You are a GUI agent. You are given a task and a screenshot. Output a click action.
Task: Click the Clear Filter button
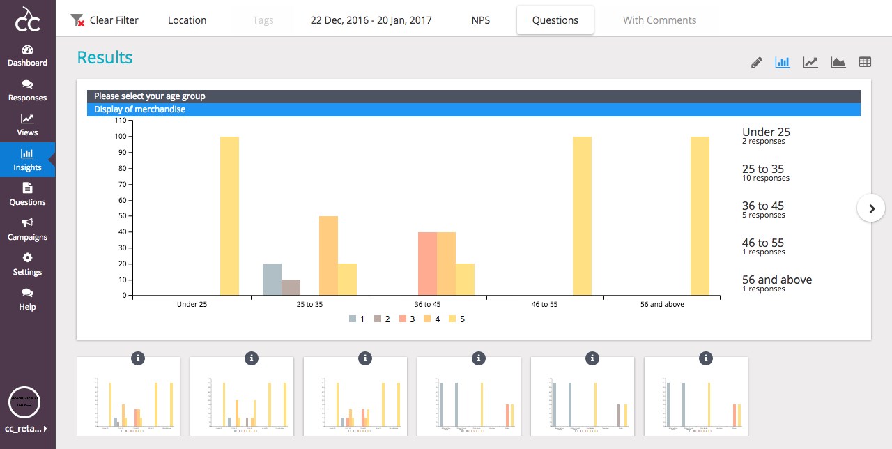(x=105, y=20)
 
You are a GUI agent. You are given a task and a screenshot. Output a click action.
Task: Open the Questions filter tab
(x=555, y=20)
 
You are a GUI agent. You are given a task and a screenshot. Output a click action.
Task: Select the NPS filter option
(x=480, y=20)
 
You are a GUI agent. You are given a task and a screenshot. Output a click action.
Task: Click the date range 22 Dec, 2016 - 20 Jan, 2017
(x=371, y=20)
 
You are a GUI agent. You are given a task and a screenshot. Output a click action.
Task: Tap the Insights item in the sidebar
(x=27, y=160)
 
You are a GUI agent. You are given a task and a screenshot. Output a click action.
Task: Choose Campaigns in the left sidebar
(x=27, y=229)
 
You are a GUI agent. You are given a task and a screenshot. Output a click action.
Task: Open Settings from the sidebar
(x=27, y=264)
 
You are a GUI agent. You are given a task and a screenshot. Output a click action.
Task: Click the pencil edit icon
(x=757, y=62)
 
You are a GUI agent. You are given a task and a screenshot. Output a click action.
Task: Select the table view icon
(x=865, y=62)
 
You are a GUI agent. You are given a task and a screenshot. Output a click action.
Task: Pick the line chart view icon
(x=810, y=62)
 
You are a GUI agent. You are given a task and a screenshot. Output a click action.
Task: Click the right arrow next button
(x=871, y=208)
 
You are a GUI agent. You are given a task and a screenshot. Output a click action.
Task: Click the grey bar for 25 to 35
(x=272, y=280)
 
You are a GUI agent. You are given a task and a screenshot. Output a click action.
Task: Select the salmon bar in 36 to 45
(x=427, y=264)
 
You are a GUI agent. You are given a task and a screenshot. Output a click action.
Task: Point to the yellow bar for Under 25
(x=229, y=216)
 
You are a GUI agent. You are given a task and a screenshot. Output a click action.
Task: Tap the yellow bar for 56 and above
(x=700, y=216)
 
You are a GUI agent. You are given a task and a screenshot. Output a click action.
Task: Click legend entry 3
(x=408, y=319)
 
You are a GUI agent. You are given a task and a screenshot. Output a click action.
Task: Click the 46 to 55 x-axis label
(x=544, y=305)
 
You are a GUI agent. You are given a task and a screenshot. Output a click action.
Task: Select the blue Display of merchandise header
(x=474, y=109)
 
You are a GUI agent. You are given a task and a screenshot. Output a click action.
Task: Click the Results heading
(x=105, y=58)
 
